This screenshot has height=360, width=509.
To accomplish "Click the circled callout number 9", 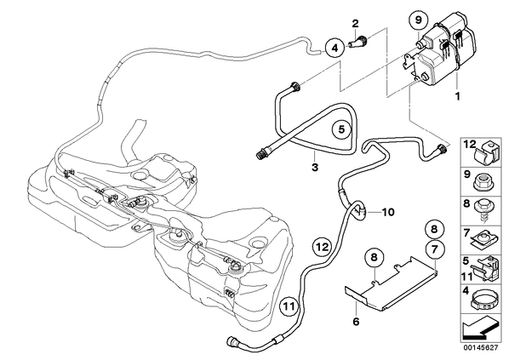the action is pos(418,20).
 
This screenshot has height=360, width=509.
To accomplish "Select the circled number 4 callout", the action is pos(335,49).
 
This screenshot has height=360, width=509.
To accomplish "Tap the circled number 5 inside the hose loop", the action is pos(341,129).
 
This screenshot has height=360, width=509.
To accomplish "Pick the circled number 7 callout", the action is pos(435,249).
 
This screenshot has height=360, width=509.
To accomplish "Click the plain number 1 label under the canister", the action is pos(458,96).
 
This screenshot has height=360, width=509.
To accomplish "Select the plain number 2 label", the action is pos(355,23).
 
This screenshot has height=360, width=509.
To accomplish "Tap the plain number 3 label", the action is pos(315,168).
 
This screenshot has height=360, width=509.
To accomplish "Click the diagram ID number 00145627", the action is pos(480,348).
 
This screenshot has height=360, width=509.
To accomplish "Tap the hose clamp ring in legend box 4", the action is pos(483,300).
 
